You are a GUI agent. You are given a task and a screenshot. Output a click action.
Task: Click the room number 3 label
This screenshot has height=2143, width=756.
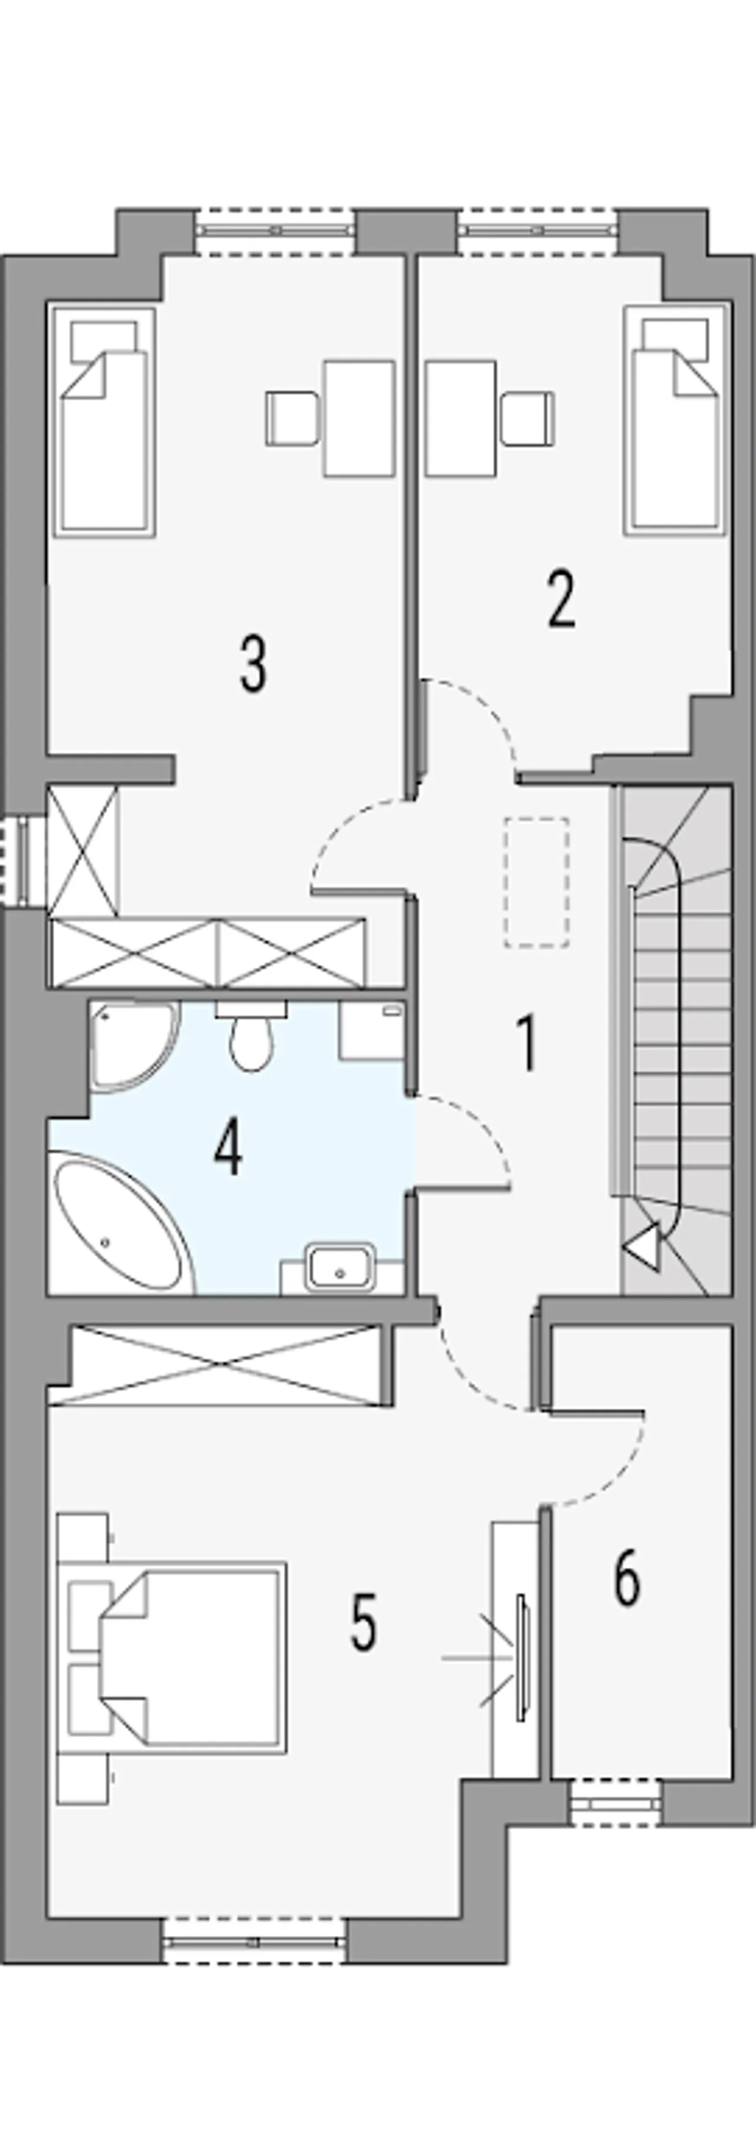pyautogui.click(x=253, y=663)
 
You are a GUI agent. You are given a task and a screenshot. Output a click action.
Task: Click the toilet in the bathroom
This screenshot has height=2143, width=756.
pyautogui.click(x=250, y=1035)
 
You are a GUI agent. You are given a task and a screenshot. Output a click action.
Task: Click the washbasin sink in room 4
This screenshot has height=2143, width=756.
pyautogui.click(x=340, y=1266)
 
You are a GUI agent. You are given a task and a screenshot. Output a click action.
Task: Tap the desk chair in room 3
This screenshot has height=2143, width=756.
pyautogui.click(x=292, y=418)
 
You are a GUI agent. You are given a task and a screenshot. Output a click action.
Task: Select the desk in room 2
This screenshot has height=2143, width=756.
pyautogui.click(x=461, y=418)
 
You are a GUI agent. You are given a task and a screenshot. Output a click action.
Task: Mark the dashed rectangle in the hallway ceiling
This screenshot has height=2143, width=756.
pyautogui.click(x=536, y=882)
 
